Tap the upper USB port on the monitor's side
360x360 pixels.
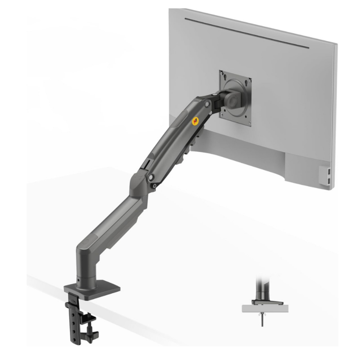click(x=330, y=171)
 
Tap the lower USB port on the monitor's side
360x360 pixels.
click(x=330, y=180)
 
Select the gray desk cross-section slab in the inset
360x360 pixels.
click(x=263, y=309)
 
